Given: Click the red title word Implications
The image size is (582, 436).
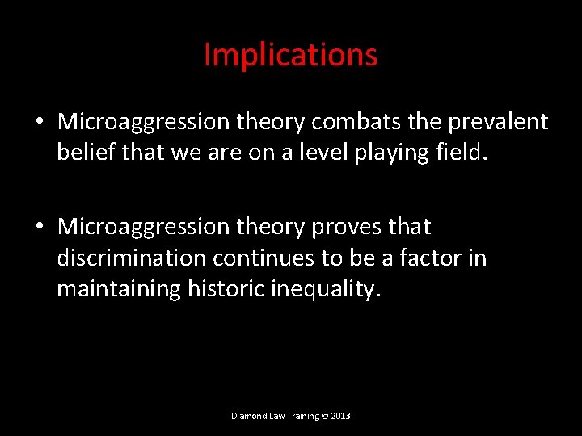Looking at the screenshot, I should pos(290,56).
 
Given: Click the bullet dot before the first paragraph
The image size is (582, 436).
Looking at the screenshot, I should pos(39,123).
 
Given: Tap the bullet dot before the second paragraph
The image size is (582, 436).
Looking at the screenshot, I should pos(39,227).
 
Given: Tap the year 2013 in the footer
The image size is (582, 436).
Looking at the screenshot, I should pos(340,416).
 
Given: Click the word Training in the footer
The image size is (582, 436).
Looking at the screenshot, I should pos(300,417).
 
